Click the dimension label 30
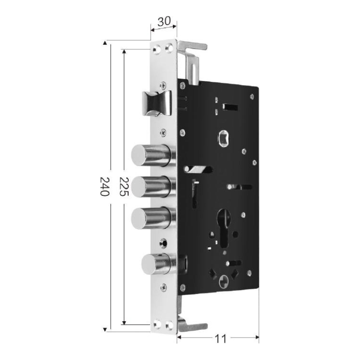coord(164,21)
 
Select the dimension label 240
coord(105,186)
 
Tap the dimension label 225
coord(124,186)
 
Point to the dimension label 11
coord(220,339)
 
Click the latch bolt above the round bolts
coord(157,103)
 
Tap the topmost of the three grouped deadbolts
coord(153,156)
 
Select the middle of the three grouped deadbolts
coord(153,187)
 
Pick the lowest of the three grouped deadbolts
coord(153,218)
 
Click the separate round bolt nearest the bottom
coord(159,264)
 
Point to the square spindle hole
coord(223,138)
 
